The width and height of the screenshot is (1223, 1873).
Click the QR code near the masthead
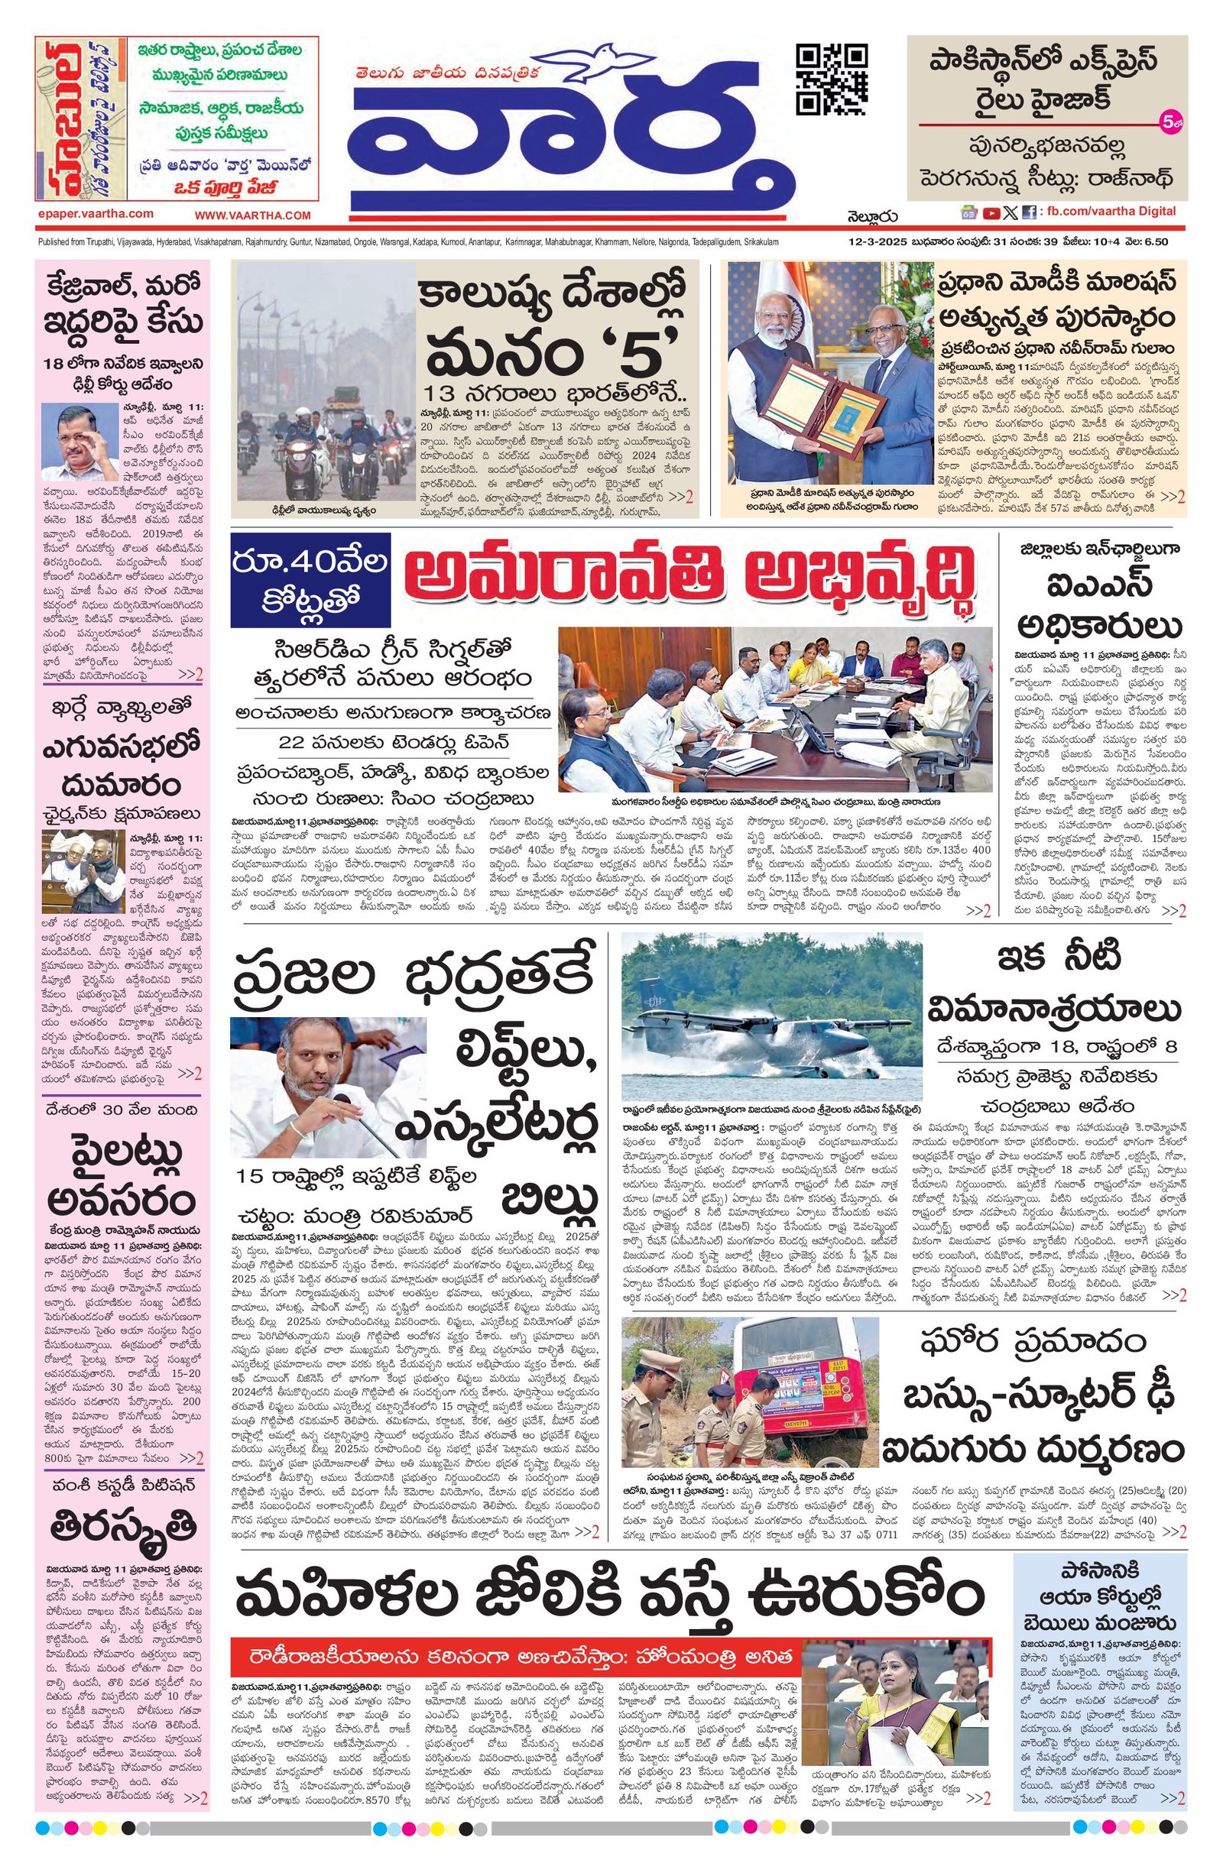832,79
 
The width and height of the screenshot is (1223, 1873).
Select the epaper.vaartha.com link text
95,214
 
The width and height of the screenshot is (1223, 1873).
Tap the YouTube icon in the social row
990,212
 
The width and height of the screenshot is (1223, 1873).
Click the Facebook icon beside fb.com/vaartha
1028,212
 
